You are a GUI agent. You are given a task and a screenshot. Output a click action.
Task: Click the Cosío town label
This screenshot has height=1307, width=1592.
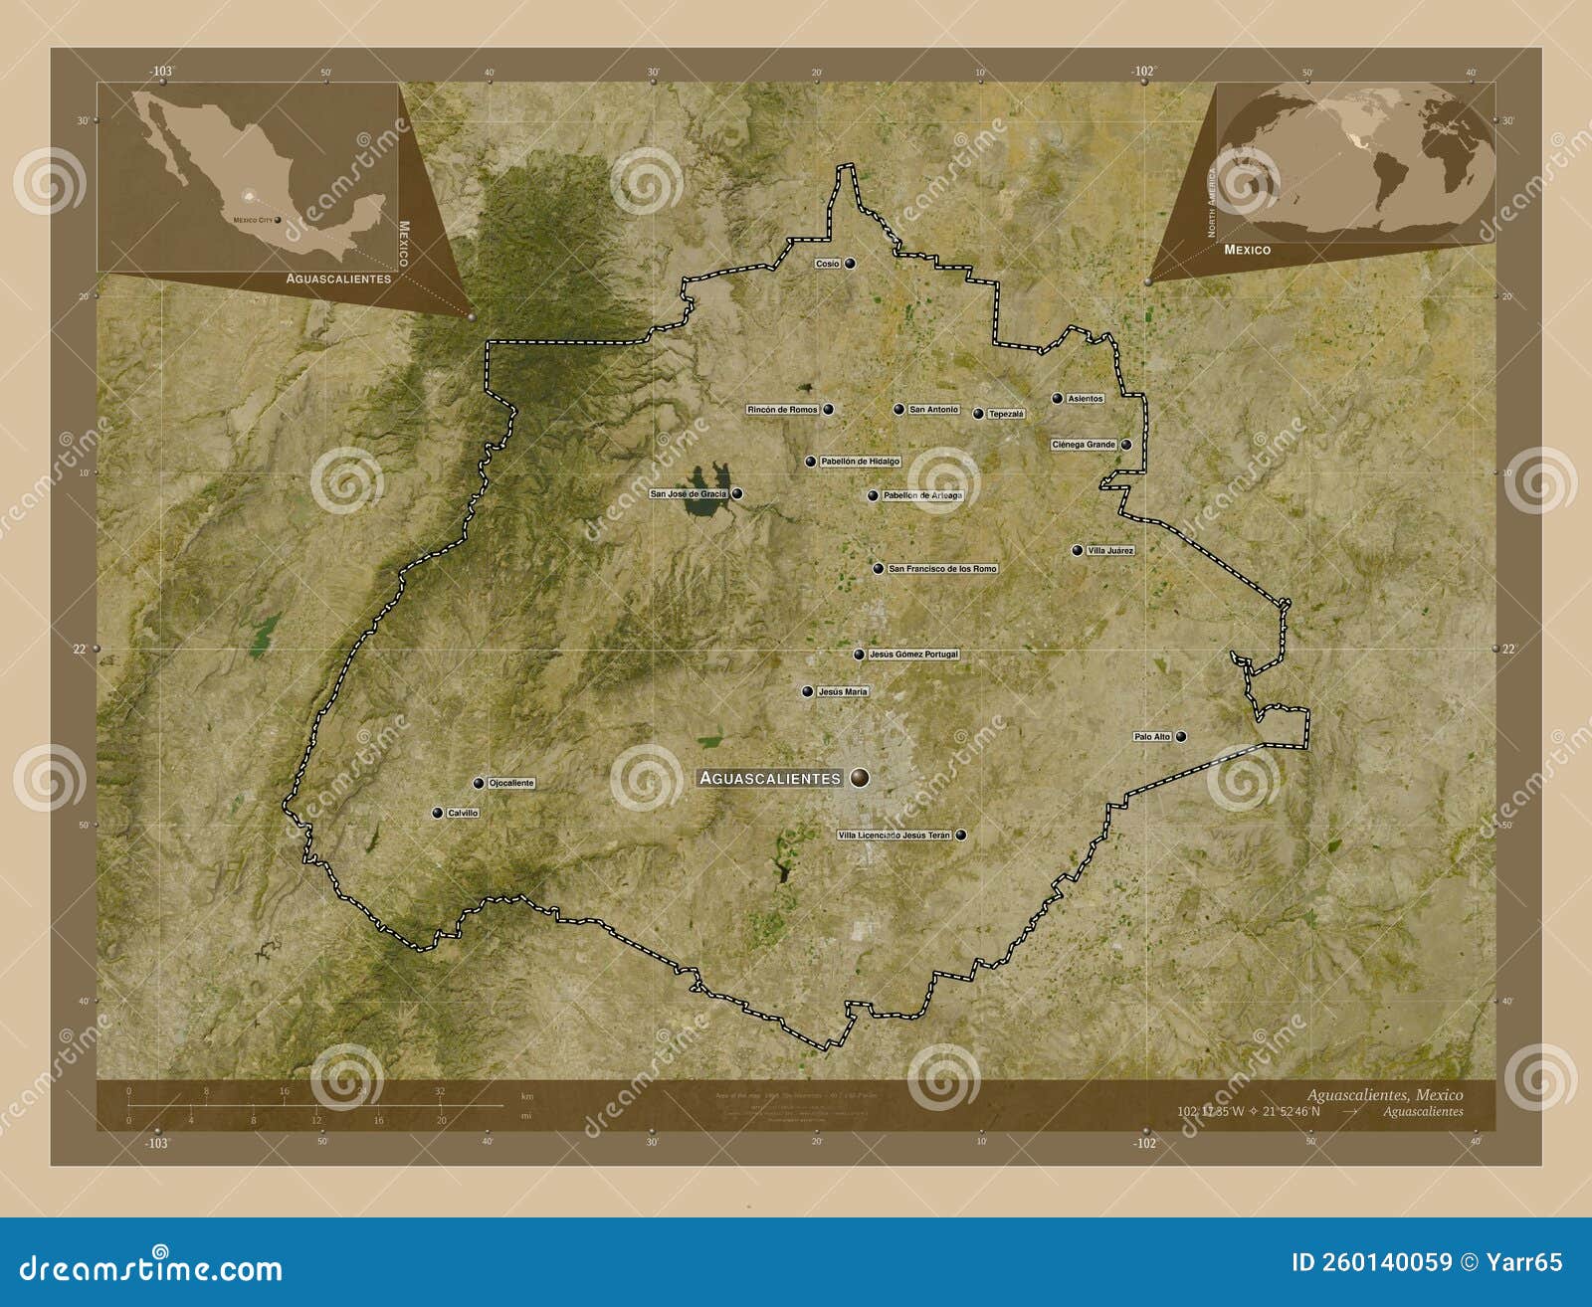coord(827,264)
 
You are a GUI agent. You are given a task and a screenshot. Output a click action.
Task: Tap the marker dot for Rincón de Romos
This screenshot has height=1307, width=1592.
coord(828,409)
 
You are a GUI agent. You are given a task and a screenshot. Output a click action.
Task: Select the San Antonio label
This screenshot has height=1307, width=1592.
coord(934,409)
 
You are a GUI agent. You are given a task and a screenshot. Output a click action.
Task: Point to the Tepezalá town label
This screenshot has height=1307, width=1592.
coord(1005,414)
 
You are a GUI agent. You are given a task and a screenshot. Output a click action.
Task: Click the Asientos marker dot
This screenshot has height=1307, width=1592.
coord(1057,398)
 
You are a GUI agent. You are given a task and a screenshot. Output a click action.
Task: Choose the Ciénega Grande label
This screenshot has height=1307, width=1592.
coord(1084,445)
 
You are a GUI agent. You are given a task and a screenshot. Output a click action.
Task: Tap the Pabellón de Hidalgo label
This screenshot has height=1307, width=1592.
coord(860,462)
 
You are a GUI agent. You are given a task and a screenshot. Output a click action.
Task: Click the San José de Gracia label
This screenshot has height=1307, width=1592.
coord(689,493)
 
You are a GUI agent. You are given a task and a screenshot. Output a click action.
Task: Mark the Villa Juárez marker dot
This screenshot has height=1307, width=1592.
coord(1077,550)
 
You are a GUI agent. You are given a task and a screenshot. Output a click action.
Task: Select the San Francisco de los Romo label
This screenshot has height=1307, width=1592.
coord(941,569)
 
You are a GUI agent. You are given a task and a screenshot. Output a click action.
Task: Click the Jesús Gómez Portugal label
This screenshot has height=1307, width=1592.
coord(913,654)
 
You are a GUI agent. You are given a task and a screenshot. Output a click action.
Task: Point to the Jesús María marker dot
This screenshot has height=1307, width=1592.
coord(807,691)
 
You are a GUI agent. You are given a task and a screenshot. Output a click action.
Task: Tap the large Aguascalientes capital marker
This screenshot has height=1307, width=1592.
coord(860,778)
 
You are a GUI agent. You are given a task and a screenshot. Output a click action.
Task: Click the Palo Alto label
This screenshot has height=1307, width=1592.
coord(1152,737)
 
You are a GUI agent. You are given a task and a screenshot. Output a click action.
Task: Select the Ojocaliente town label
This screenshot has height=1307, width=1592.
coord(511,783)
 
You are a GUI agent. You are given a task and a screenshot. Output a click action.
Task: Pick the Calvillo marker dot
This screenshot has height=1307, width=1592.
coord(437,813)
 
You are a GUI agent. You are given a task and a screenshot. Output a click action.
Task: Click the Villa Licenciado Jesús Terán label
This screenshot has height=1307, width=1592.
coord(895,836)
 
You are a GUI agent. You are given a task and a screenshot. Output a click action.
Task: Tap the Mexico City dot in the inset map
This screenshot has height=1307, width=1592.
coord(278,220)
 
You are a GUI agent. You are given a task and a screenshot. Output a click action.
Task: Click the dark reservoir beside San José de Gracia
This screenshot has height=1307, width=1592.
coord(706,497)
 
